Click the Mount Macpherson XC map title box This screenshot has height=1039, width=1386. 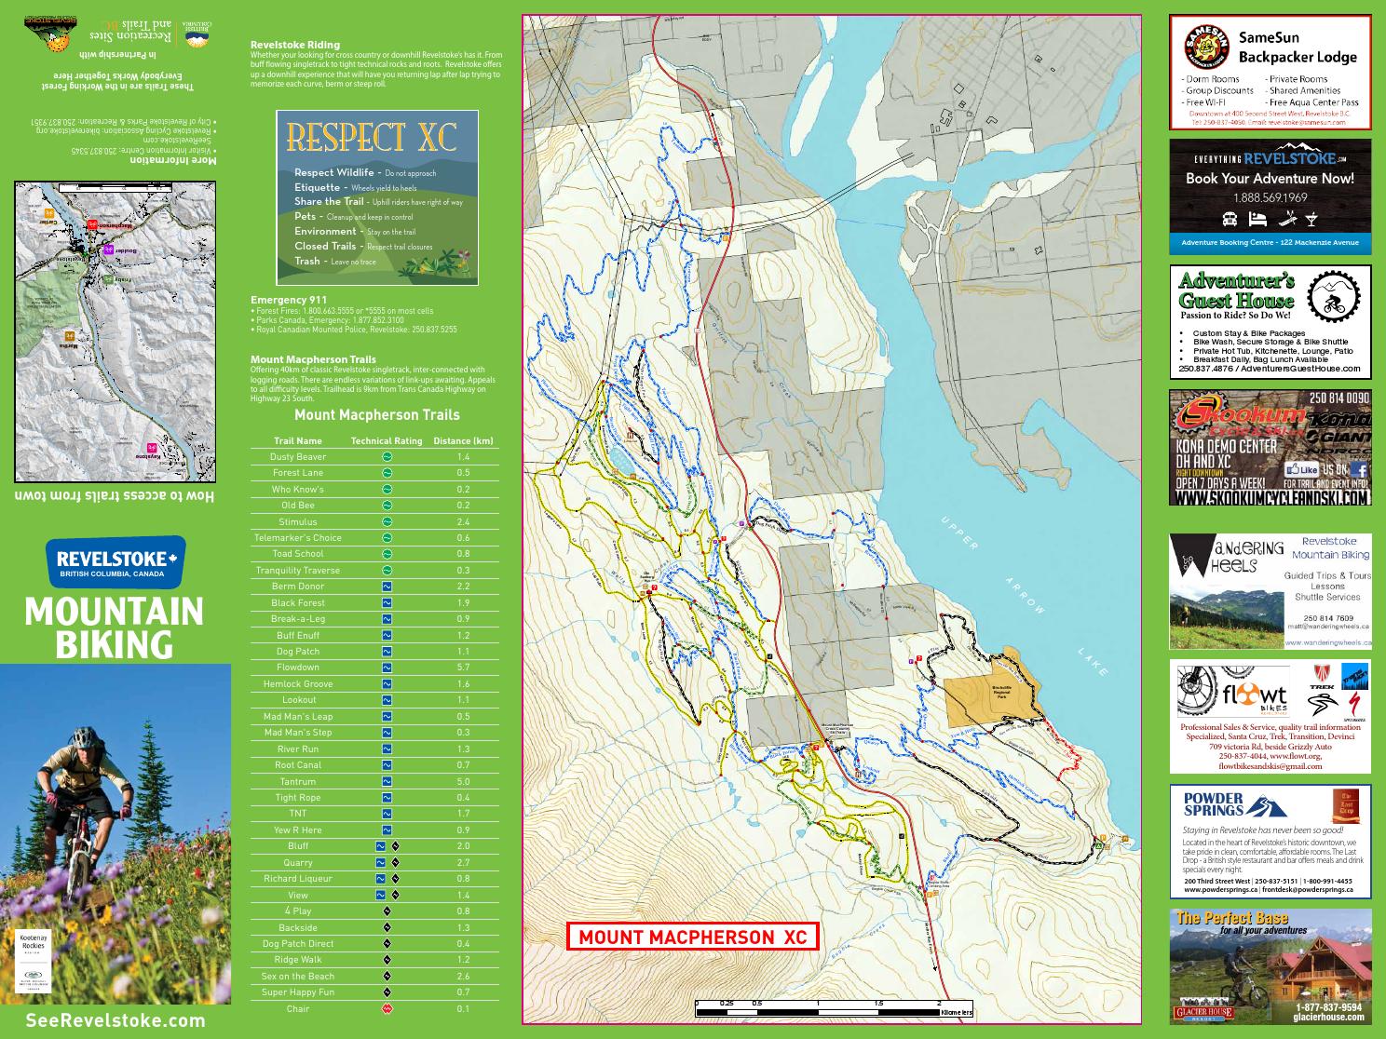(692, 937)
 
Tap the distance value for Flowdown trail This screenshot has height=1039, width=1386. (463, 668)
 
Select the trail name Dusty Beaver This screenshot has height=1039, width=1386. (298, 456)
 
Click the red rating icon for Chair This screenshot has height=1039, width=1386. (387, 1008)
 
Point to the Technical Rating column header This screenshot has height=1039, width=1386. (386, 440)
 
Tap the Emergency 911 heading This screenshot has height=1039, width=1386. (289, 300)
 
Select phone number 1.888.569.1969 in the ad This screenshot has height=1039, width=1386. (1270, 197)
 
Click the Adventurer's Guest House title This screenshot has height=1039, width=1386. (1236, 290)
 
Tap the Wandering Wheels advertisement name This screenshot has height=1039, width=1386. (1228, 556)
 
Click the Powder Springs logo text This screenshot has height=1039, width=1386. (1214, 803)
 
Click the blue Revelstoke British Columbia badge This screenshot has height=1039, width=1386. (116, 561)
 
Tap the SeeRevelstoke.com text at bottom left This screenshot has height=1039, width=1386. (115, 1020)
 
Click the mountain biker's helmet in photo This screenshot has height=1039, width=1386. (85, 737)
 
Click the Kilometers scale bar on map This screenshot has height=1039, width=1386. (834, 1011)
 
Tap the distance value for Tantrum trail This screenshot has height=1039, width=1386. (463, 781)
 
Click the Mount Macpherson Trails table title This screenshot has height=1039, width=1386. (376, 415)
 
